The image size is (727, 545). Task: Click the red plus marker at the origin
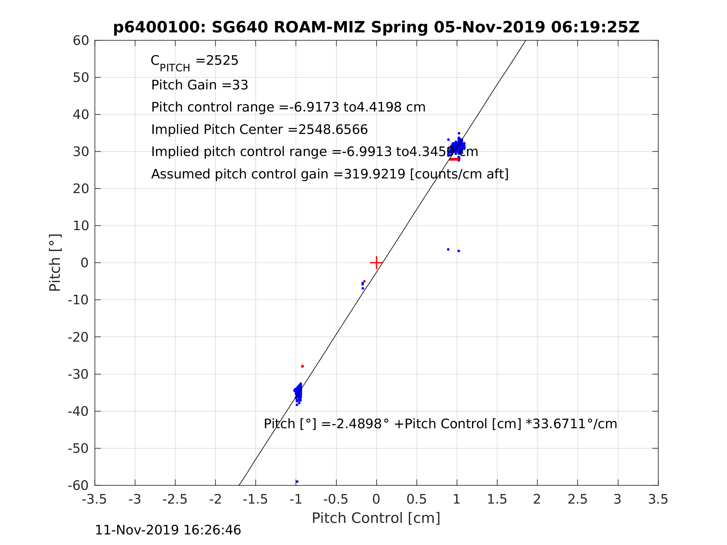click(376, 263)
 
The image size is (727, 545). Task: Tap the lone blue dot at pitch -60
click(297, 481)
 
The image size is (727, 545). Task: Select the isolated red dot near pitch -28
click(302, 366)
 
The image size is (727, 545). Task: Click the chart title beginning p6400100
click(376, 27)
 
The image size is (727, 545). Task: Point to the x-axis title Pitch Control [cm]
click(376, 518)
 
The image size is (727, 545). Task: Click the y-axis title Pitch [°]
click(55, 263)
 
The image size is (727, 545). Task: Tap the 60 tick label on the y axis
click(81, 41)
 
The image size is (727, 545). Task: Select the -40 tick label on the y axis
click(78, 411)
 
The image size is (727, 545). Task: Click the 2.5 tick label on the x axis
click(577, 499)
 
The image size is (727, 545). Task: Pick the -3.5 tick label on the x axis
click(94, 499)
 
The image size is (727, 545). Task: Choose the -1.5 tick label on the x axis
click(256, 499)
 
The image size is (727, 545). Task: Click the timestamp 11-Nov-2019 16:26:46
click(168, 530)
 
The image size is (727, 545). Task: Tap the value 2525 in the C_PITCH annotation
click(222, 61)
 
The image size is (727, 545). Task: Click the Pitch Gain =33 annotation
click(199, 85)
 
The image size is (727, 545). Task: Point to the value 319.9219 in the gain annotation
click(374, 174)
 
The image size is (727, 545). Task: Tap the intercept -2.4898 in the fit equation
click(357, 424)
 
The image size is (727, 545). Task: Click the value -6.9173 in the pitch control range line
click(314, 107)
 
